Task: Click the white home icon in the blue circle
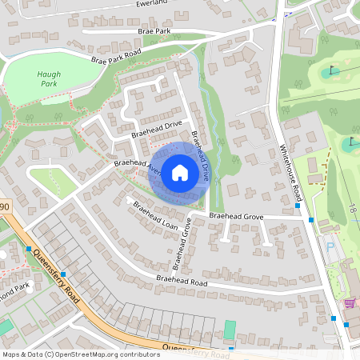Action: coord(180,173)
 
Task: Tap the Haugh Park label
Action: coord(49,78)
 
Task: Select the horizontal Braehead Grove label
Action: coord(236,217)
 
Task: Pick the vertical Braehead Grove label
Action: coord(186,231)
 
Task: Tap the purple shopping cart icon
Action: coord(349,303)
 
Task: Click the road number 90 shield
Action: coord(4,207)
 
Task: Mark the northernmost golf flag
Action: coord(334,70)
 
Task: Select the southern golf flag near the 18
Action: coord(351,142)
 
